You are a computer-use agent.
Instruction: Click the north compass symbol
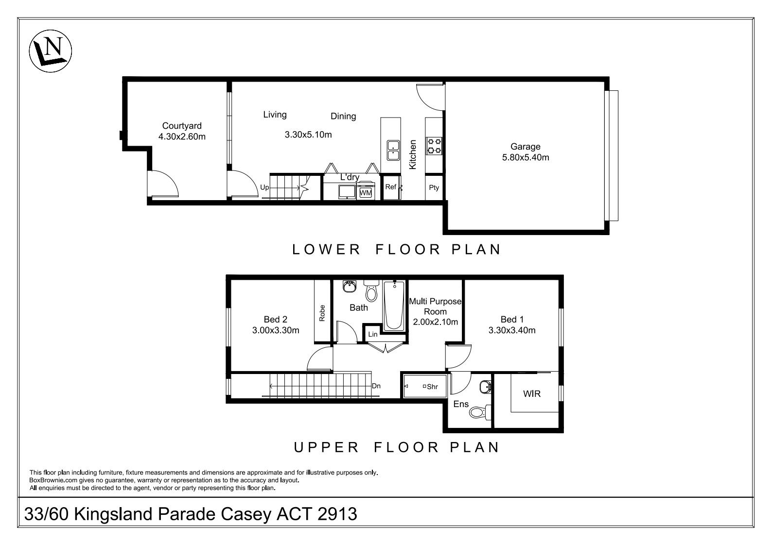point(51,51)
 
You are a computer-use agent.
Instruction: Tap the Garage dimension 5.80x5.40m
point(525,157)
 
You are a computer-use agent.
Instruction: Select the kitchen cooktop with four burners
point(434,146)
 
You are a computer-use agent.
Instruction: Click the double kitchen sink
point(393,151)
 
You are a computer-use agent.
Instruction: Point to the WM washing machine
point(366,192)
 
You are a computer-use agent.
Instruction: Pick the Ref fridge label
point(391,187)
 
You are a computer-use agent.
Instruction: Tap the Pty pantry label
point(434,187)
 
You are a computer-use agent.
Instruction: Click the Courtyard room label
point(182,126)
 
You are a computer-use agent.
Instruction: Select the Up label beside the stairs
point(264,187)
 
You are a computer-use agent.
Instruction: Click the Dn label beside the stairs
point(376,386)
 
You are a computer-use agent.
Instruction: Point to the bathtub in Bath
point(394,306)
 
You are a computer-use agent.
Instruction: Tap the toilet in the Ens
point(480,412)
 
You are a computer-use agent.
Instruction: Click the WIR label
point(532,394)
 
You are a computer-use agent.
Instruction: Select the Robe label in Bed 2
point(322,313)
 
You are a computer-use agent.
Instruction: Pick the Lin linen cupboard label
point(373,334)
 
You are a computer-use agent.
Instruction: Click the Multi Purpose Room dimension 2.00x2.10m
point(435,322)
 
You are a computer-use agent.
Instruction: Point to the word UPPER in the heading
point(326,447)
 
